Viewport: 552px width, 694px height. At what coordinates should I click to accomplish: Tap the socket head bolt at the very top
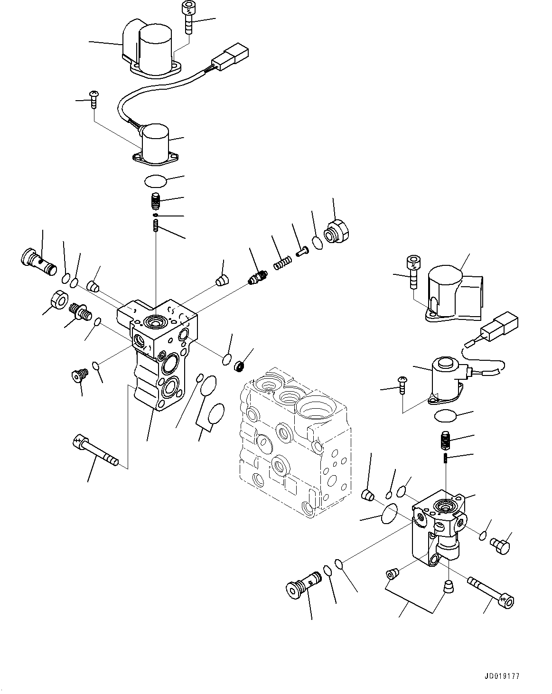pos(188,18)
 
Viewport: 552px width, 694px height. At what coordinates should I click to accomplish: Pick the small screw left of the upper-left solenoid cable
pos(94,100)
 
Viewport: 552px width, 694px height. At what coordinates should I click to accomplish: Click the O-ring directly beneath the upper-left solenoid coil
pos(156,181)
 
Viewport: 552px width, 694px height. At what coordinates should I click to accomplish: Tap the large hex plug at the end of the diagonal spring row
pos(337,231)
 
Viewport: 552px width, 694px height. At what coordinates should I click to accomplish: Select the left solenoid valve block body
pos(157,354)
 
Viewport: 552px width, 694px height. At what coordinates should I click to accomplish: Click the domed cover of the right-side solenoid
pos(454,294)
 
